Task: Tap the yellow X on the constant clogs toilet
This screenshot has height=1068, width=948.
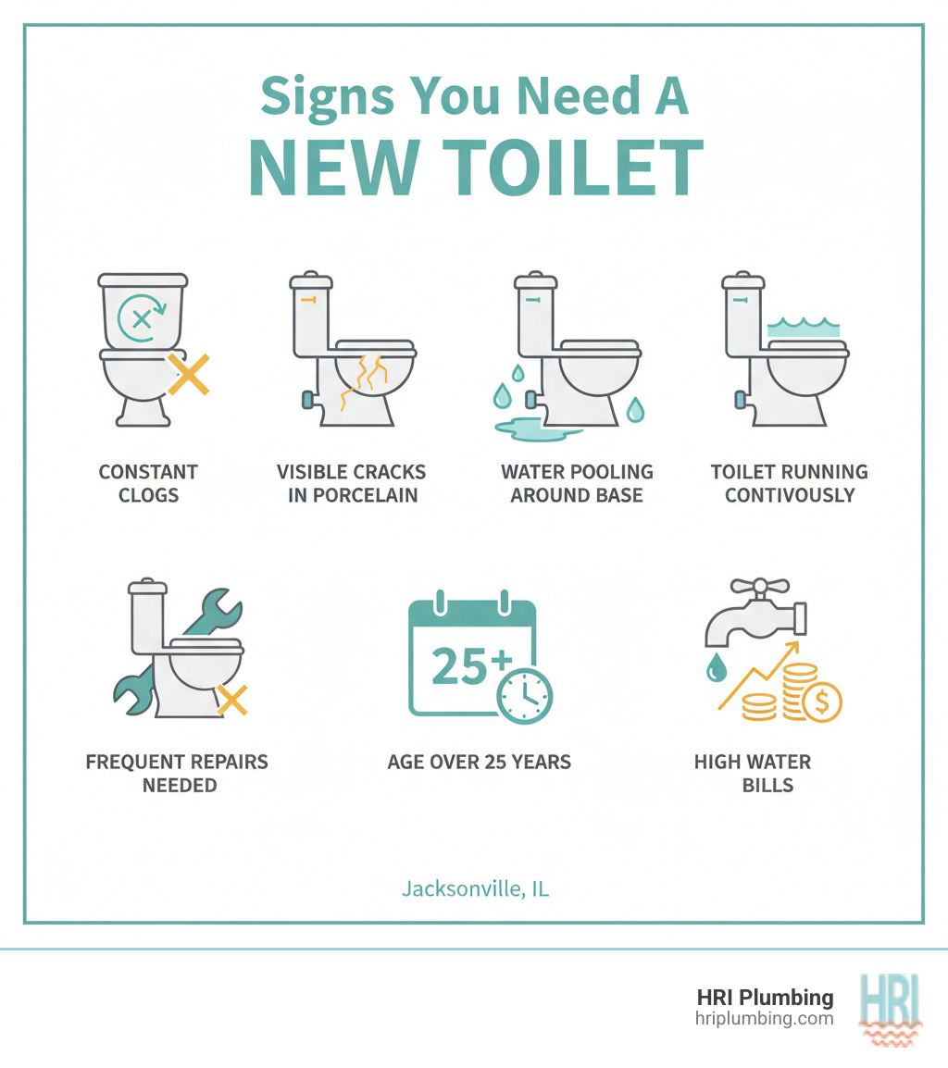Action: [x=188, y=374]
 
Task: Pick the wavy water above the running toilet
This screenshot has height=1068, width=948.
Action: [x=803, y=326]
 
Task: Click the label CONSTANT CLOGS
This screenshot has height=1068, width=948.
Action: [x=148, y=483]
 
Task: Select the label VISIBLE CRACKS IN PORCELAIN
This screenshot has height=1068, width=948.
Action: [x=352, y=483]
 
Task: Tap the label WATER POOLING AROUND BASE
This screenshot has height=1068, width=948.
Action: [x=577, y=483]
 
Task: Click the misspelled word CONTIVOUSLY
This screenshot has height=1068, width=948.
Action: [x=789, y=495]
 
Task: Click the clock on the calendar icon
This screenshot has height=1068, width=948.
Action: [x=524, y=695]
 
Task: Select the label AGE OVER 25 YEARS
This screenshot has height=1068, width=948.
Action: [x=480, y=763]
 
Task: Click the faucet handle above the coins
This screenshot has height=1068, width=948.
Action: [x=759, y=586]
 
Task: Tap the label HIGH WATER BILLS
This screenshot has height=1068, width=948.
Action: [x=753, y=774]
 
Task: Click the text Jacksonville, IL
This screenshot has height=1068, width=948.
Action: [x=475, y=889]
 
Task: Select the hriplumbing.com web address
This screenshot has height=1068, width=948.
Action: [x=764, y=1019]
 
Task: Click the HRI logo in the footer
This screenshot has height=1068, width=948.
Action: [x=889, y=1008]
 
